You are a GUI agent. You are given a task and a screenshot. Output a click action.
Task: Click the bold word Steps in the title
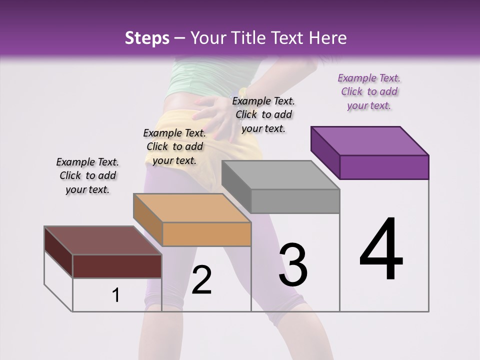147,38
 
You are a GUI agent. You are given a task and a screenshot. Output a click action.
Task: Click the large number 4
381,250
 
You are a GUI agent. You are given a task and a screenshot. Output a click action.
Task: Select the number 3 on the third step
293,265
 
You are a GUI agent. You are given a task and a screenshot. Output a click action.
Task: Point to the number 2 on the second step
202,280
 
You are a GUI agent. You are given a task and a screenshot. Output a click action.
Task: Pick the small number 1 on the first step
116,295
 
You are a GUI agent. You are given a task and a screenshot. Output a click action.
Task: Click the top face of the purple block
369,140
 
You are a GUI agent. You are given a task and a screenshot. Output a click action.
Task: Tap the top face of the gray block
280,175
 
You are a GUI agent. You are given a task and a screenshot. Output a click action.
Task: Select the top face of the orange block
191,207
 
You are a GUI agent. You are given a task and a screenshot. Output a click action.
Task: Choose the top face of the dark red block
102,240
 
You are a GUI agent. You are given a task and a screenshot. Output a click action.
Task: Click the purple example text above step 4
369,91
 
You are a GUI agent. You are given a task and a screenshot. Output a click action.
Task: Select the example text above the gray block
264,114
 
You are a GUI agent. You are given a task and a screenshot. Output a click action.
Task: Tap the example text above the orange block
174,146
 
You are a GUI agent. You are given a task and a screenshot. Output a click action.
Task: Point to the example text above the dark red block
87,175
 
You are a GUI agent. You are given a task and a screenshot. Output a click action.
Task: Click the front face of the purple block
384,167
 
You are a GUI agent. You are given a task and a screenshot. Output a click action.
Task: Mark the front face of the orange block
206,234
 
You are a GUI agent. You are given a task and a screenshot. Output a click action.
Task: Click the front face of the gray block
295,201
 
